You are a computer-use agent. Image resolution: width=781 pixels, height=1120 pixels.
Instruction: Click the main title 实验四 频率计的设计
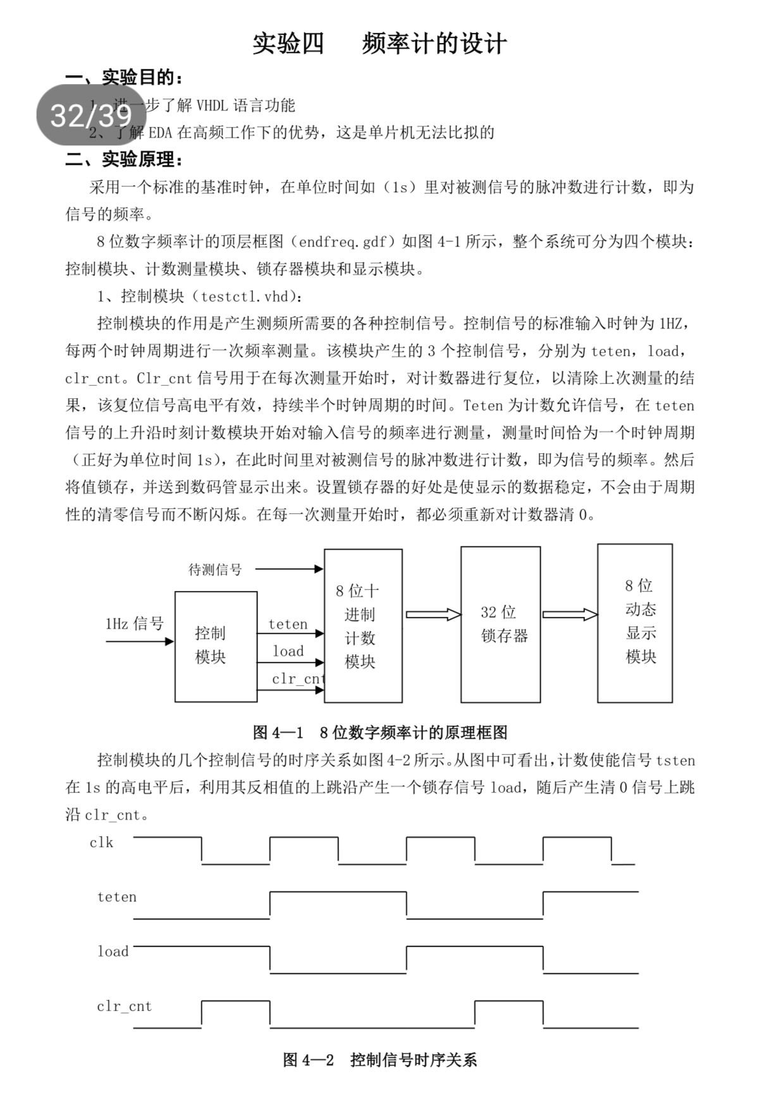coord(379,44)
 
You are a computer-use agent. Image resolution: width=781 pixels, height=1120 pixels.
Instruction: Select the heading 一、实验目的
coord(125,78)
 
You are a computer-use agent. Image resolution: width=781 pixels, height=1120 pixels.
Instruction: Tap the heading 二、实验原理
coord(125,159)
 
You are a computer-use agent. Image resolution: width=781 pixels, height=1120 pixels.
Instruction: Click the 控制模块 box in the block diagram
coord(216,646)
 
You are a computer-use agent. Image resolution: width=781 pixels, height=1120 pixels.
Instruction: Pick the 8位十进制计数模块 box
coord(363,626)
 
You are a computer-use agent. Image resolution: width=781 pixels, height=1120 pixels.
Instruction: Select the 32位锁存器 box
coord(500,624)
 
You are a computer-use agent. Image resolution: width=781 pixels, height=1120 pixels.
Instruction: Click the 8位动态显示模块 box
coord(635,623)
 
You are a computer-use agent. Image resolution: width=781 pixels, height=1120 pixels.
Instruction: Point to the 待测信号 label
coord(215,569)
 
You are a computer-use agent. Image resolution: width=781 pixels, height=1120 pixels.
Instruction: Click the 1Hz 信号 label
coord(134,624)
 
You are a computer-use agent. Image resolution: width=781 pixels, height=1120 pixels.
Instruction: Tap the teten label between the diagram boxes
coord(288,624)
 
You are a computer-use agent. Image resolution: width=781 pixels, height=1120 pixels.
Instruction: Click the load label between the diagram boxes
coord(288,651)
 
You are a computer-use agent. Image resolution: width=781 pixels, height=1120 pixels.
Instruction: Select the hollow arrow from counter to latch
coord(433,614)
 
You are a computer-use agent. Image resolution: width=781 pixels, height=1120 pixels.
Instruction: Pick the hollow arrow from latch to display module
coord(569,614)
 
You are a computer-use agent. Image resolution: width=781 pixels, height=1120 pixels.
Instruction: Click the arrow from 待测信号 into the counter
coord(289,569)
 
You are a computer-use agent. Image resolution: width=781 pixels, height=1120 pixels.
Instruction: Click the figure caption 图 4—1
coord(379,732)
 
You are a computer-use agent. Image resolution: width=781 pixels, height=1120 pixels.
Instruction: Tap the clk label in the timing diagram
coord(101,843)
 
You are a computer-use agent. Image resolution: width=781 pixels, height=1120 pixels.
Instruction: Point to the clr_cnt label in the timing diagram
coord(124,1006)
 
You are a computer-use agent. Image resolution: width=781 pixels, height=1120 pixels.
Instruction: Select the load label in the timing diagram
coord(113,951)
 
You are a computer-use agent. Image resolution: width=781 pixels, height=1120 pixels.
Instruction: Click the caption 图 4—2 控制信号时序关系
coord(379,1059)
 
